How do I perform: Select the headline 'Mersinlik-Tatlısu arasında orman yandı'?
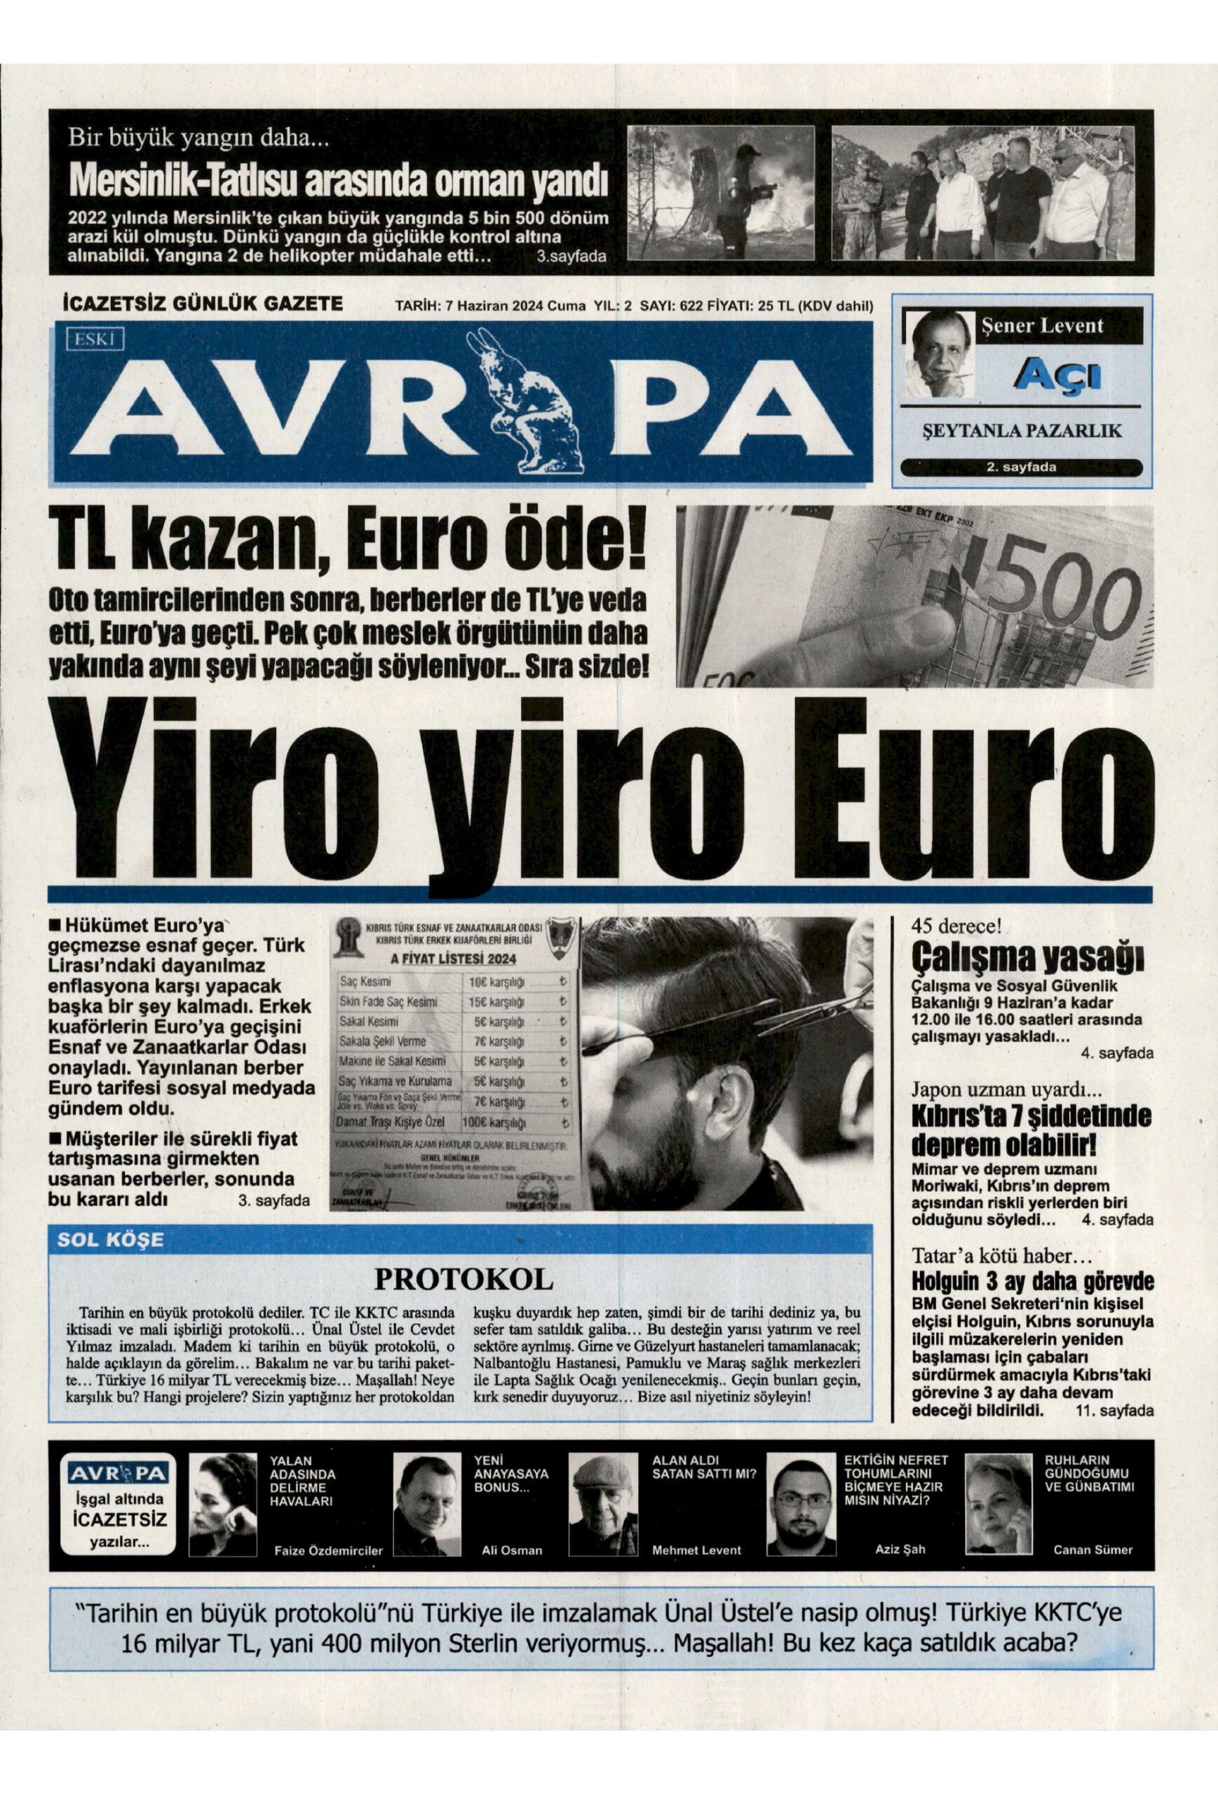click(338, 181)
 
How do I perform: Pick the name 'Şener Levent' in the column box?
click(1042, 325)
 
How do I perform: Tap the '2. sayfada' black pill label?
click(1021, 467)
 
